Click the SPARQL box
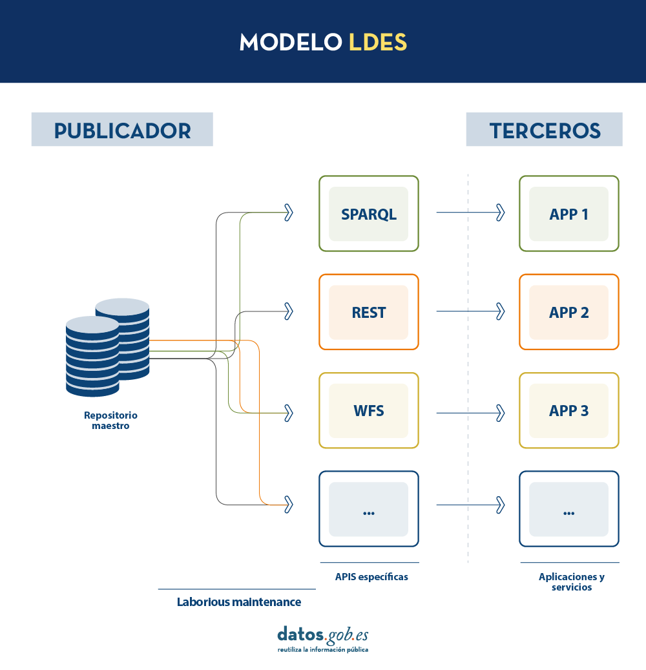pyautogui.click(x=369, y=214)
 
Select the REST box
pyautogui.click(x=369, y=312)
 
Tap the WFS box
pyautogui.click(x=369, y=411)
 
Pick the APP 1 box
pyautogui.click(x=569, y=214)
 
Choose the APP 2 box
pyautogui.click(x=569, y=312)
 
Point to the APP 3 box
pyautogui.click(x=569, y=411)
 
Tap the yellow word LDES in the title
pyautogui.click(x=378, y=42)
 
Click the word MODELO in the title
pyautogui.click(x=291, y=42)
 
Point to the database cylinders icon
pyautogui.click(x=108, y=348)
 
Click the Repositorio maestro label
pyautogui.click(x=110, y=421)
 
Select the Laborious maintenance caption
pyautogui.click(x=239, y=602)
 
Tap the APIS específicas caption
pyautogui.click(x=371, y=577)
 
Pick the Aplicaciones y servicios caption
pyautogui.click(x=572, y=581)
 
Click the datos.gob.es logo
pyautogui.click(x=323, y=639)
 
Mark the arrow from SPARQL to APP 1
pyautogui.click(x=470, y=213)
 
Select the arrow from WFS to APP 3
pyautogui.click(x=470, y=414)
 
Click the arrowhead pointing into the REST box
pyautogui.click(x=289, y=311)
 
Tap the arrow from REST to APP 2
pyautogui.click(x=470, y=311)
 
